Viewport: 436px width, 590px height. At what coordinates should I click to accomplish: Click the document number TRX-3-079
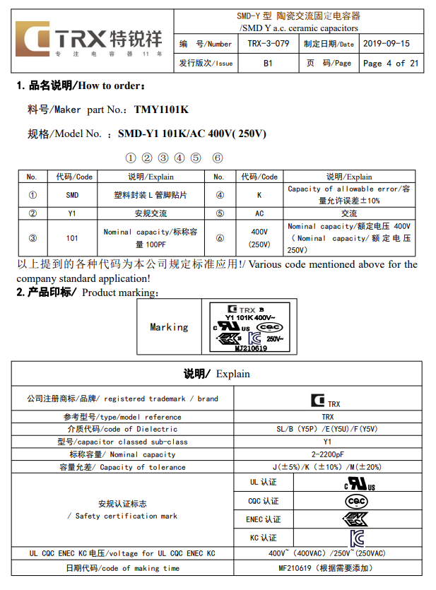tap(269, 44)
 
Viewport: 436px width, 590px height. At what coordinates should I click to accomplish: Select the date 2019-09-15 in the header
tap(386, 44)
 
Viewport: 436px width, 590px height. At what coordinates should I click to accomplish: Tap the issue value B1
tap(269, 63)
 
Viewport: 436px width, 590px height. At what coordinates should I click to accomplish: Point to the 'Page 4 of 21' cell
tap(390, 63)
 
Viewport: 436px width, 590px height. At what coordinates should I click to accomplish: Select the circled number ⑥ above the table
tap(218, 158)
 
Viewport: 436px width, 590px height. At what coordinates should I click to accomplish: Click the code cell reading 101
tap(72, 238)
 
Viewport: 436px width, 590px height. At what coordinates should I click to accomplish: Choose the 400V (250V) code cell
tap(259, 238)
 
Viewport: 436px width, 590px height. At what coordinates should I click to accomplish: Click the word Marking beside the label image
tap(169, 327)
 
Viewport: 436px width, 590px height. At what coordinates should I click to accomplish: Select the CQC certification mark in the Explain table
tap(356, 501)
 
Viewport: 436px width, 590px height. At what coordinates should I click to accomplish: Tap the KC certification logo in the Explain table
tap(356, 537)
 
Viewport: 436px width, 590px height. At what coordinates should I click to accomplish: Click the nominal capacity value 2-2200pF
tap(328, 454)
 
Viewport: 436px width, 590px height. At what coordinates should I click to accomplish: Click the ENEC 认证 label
tap(263, 519)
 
